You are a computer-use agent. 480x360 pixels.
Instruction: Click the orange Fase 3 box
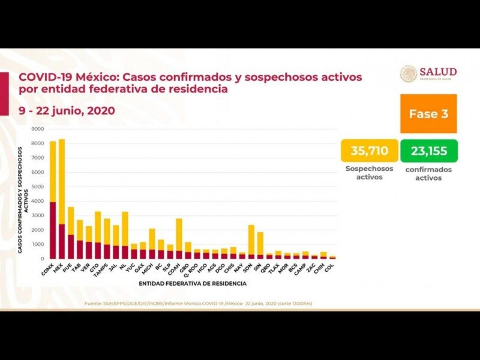428,113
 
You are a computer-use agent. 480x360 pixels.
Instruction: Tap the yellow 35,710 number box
369,151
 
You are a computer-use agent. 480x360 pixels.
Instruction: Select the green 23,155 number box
429,151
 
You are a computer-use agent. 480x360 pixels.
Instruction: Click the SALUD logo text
437,72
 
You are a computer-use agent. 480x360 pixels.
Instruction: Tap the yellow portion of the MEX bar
62,180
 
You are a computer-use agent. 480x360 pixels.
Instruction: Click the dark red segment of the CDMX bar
53,231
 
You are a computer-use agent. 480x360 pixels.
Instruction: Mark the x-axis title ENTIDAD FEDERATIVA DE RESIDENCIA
192,283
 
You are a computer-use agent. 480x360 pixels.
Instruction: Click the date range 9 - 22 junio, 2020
66,110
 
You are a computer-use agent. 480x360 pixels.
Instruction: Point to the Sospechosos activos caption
369,173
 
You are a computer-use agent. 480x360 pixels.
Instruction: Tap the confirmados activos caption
428,173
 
